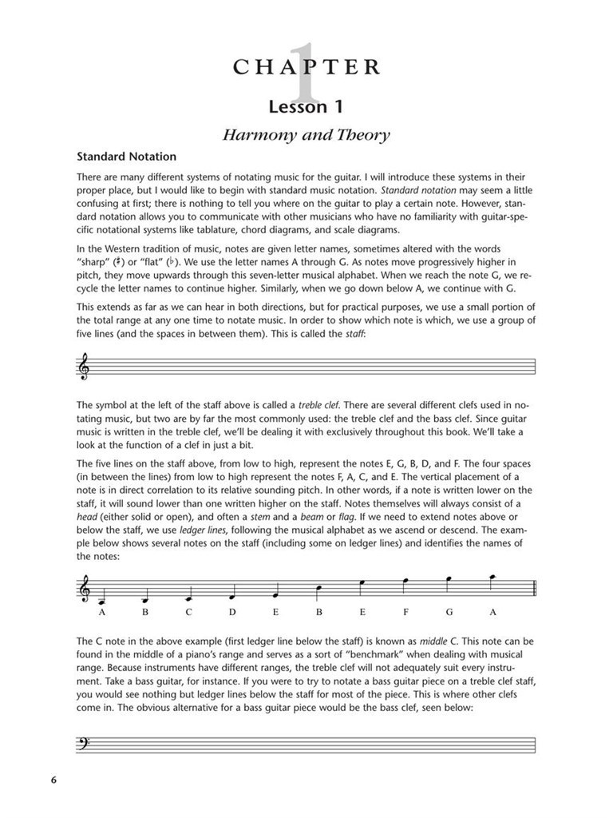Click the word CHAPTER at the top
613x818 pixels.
[306, 67]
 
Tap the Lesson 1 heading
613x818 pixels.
[306, 106]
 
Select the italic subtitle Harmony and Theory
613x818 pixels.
[306, 134]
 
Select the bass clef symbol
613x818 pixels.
[84, 745]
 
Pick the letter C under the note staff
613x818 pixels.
[189, 613]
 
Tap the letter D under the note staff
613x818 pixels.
[232, 613]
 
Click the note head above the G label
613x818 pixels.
[448, 578]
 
